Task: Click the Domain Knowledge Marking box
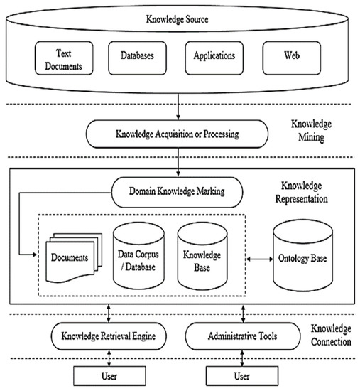pos(177,191)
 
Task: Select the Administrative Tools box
pos(242,334)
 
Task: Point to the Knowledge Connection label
pos(331,335)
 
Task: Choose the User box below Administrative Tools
pos(242,374)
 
